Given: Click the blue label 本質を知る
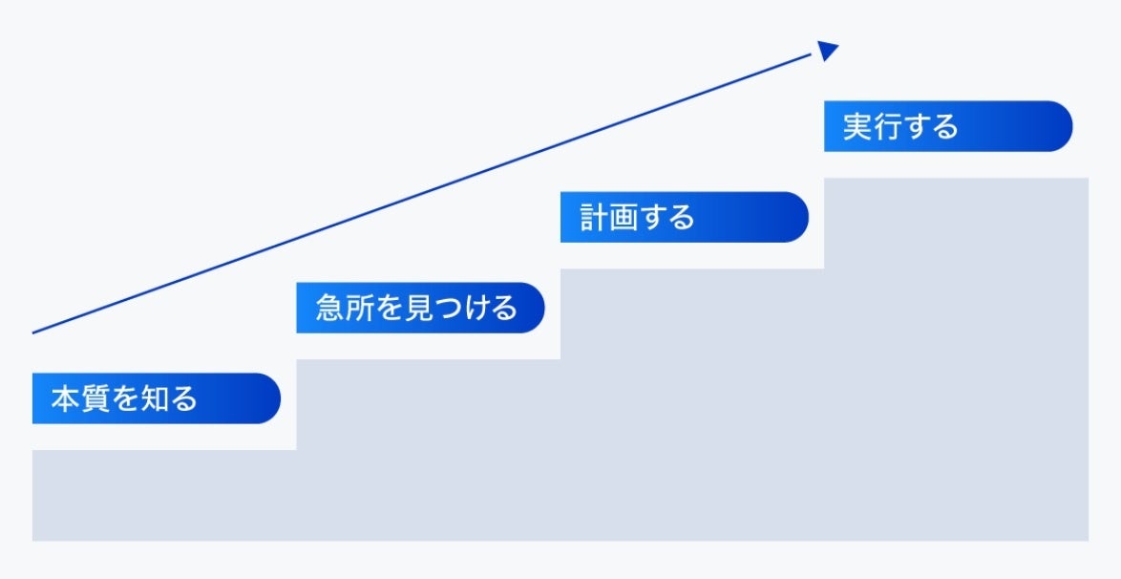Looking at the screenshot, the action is [x=156, y=398].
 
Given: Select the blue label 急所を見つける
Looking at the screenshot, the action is [x=420, y=308].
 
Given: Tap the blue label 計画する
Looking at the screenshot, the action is [x=684, y=217].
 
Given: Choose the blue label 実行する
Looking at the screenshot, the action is [x=947, y=126].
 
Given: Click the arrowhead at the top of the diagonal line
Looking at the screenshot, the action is [x=828, y=51].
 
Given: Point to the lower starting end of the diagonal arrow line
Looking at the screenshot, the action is [x=34, y=332].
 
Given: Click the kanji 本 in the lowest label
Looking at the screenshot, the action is [x=64, y=398].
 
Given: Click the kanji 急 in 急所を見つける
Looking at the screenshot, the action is [x=328, y=308].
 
